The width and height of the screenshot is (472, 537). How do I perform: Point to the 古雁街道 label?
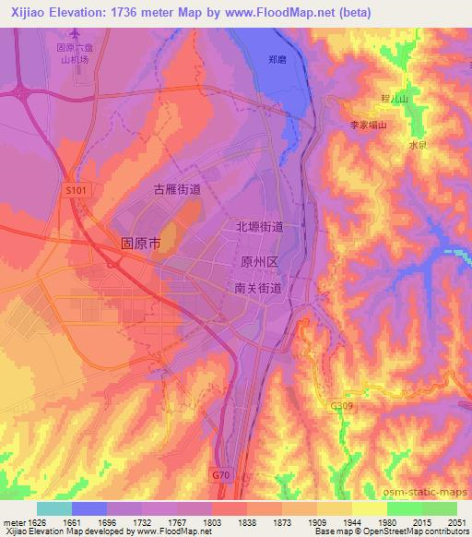(x=177, y=188)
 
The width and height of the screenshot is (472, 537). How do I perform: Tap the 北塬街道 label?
(x=259, y=226)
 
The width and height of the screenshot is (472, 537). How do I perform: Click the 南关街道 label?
(x=258, y=289)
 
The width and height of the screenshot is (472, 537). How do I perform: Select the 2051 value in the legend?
(x=456, y=522)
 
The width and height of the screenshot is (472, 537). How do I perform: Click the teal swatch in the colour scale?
(x=54, y=508)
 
